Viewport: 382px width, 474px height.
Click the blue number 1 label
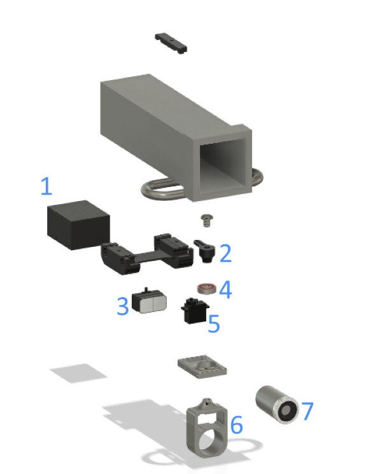(x=46, y=187)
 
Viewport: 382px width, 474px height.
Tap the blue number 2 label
(x=225, y=253)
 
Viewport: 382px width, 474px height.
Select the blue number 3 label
(x=123, y=306)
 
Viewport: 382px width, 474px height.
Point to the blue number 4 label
(x=225, y=291)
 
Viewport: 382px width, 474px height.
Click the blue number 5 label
(x=214, y=324)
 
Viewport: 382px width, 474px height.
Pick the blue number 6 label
(x=236, y=425)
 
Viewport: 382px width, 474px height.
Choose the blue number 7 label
(x=307, y=411)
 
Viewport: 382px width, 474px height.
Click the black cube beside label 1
(x=77, y=226)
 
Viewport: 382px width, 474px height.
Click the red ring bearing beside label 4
(x=205, y=289)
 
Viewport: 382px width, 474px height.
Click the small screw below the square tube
(x=204, y=219)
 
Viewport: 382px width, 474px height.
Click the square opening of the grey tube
(x=223, y=164)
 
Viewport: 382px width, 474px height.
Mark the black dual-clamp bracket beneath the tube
(x=148, y=254)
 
